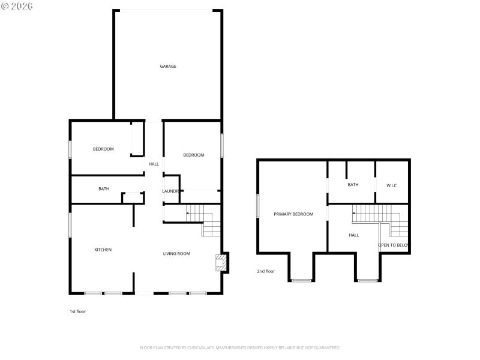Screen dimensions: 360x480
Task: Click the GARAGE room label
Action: (168, 66)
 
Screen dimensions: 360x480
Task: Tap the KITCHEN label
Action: (103, 250)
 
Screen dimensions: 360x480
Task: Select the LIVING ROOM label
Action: (176, 254)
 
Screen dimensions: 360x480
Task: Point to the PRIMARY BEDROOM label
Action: (293, 214)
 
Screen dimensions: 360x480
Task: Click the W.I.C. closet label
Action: (392, 185)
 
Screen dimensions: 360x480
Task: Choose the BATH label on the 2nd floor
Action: (353, 185)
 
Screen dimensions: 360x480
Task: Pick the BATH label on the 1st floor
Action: (104, 189)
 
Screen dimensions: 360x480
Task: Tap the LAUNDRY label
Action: (171, 191)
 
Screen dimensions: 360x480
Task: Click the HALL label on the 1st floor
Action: (154, 164)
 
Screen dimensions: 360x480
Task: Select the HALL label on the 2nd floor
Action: (353, 235)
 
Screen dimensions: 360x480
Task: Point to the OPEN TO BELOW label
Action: (393, 245)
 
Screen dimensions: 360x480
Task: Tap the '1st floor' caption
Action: (78, 311)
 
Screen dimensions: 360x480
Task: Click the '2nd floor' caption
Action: (266, 271)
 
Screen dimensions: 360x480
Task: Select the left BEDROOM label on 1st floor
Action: (103, 149)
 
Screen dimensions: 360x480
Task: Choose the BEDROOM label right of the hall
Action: (193, 155)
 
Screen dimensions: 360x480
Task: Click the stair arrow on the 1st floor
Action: (189, 213)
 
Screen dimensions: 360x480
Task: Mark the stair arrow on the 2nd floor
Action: (355, 213)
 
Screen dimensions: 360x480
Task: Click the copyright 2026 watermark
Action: (17, 6)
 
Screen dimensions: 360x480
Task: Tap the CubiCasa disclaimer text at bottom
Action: (240, 347)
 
